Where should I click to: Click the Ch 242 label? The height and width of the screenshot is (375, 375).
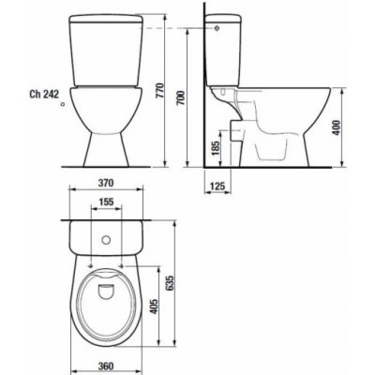(44, 94)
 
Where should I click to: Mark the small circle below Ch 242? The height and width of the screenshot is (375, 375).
(63, 105)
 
